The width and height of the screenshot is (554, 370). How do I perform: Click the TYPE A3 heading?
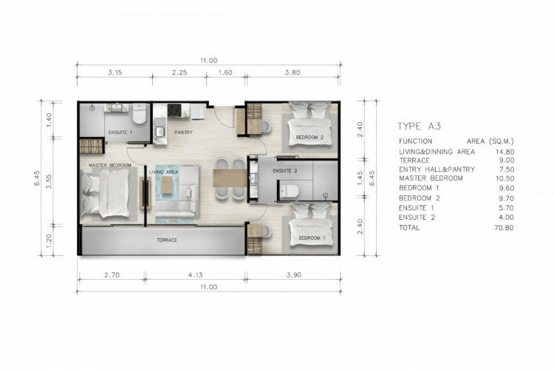(x=419, y=126)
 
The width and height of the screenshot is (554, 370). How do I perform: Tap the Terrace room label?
(x=167, y=240)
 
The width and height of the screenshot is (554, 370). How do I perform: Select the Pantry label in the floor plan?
(x=183, y=132)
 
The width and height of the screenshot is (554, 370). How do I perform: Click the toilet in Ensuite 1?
(x=139, y=113)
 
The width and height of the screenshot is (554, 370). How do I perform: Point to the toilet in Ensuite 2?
(x=289, y=191)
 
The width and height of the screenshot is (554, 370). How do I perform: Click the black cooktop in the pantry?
(x=174, y=110)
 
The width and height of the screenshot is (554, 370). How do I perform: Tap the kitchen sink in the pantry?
(x=160, y=132)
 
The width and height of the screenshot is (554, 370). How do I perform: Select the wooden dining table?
(x=230, y=178)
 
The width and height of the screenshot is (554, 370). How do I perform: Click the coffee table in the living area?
(x=168, y=185)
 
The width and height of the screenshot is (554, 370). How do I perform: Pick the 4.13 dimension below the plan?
(x=195, y=275)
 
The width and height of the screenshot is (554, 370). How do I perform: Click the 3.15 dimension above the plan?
(x=114, y=73)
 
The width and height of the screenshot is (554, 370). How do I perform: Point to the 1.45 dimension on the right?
(x=360, y=178)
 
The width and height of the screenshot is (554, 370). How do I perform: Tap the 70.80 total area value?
(x=504, y=228)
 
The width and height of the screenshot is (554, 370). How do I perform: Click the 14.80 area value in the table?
(x=505, y=152)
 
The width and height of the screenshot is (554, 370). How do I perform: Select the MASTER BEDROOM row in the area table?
(x=456, y=178)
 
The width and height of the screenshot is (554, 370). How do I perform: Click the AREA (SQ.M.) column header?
(x=490, y=141)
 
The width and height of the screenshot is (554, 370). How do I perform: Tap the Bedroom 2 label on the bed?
(x=310, y=137)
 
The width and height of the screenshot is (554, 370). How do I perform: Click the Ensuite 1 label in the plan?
(x=120, y=132)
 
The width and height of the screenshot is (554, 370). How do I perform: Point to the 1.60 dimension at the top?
(x=225, y=73)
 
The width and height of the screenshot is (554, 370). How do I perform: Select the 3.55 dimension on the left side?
(x=49, y=181)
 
